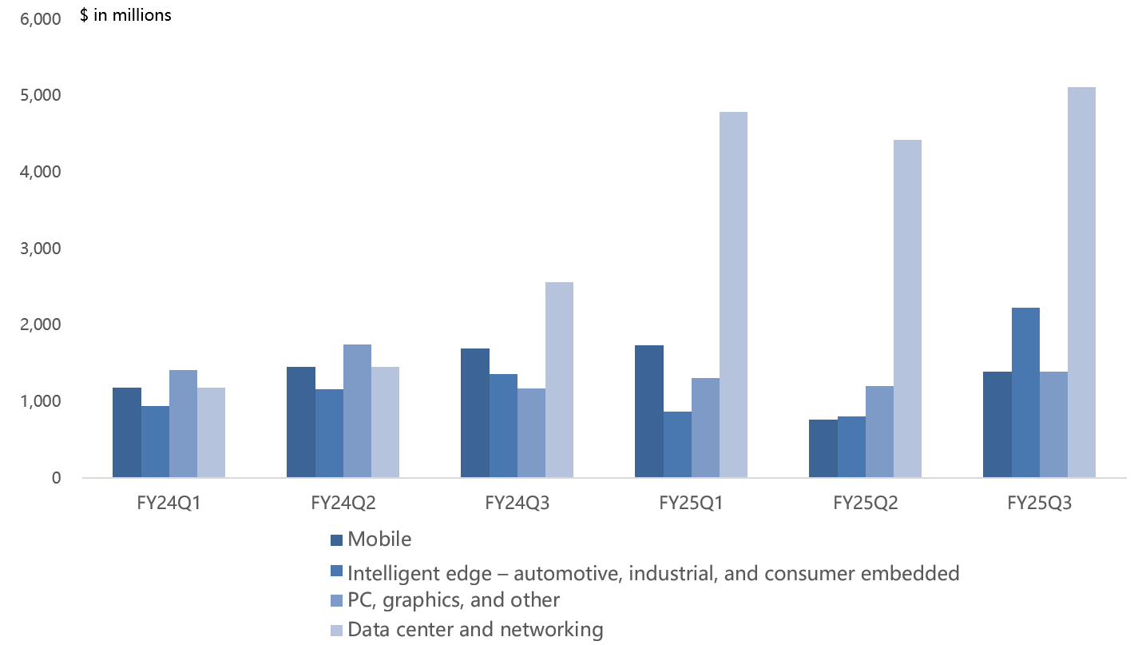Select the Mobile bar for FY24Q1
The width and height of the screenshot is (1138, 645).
click(x=127, y=432)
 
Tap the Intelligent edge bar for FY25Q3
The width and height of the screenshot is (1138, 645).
click(x=1025, y=392)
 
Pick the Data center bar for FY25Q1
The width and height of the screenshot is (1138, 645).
click(x=733, y=295)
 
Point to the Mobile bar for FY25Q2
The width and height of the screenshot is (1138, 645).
click(x=823, y=448)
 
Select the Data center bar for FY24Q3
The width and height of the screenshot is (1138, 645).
click(x=559, y=380)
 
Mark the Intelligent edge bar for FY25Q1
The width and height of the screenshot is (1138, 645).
click(x=677, y=444)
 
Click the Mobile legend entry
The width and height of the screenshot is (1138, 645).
click(x=379, y=539)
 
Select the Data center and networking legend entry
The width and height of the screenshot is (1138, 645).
click(x=475, y=630)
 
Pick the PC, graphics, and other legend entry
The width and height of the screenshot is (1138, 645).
click(x=454, y=599)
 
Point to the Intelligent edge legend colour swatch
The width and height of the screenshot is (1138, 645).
click(x=336, y=571)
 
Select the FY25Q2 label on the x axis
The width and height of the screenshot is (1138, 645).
click(x=865, y=504)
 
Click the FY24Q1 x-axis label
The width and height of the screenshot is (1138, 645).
click(x=169, y=504)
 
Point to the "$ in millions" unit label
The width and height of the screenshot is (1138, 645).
click(x=125, y=15)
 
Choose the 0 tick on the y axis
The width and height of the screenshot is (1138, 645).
click(x=56, y=478)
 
